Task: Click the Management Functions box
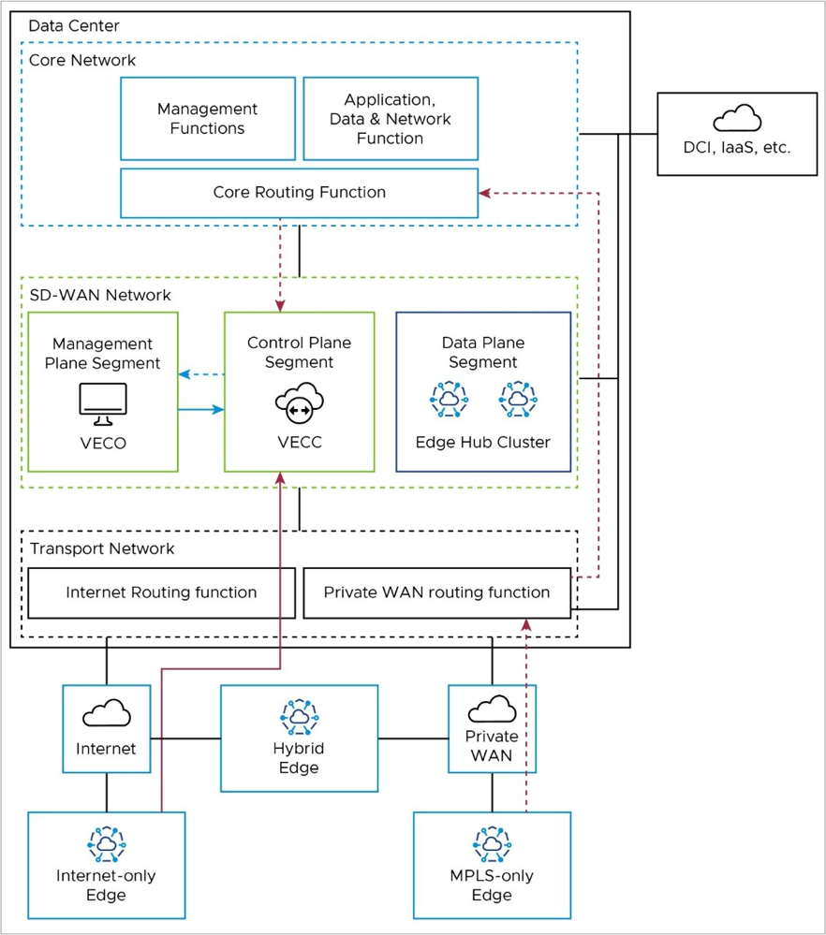(207, 119)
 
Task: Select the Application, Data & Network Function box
(390, 119)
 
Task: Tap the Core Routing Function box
(299, 193)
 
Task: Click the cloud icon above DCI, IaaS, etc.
(737, 119)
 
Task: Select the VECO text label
(102, 443)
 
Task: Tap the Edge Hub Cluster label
(483, 442)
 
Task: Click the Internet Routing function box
(161, 592)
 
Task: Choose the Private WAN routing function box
(436, 592)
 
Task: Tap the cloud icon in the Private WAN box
(492, 709)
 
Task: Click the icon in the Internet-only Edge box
(106, 844)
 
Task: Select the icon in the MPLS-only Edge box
(492, 844)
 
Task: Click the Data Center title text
(74, 25)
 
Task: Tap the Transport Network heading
(102, 548)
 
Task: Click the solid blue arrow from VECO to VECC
(200, 409)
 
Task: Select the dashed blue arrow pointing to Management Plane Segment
(200, 374)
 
